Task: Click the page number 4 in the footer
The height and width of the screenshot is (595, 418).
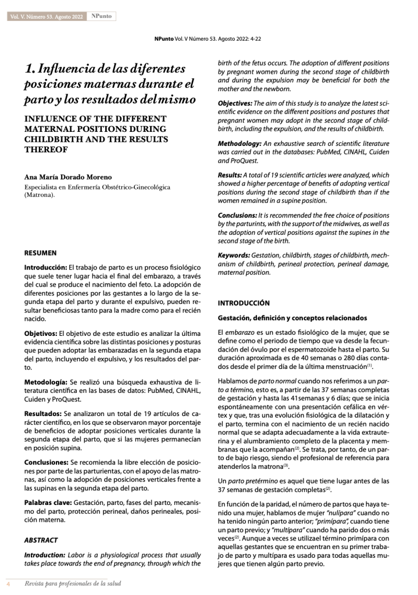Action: [x=9, y=582]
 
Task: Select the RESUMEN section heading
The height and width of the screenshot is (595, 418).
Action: [x=40, y=253]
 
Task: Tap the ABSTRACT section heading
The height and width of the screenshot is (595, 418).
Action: [x=41, y=540]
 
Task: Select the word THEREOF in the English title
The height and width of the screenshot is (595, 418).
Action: [x=45, y=149]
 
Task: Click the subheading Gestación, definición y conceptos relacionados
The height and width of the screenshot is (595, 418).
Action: [x=292, y=318]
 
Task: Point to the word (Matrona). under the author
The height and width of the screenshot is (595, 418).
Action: [x=40, y=196]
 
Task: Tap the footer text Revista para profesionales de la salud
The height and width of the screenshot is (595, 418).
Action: [x=68, y=582]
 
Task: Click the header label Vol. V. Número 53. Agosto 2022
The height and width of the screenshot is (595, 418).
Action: [x=46, y=17]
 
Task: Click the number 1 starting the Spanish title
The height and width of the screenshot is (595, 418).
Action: [x=29, y=68]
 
